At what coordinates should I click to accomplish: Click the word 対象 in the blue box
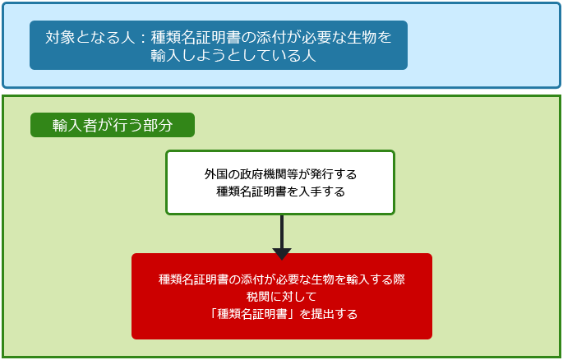[60, 37]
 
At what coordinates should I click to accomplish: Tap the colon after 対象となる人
[143, 38]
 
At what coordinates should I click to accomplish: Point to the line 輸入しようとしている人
[233, 55]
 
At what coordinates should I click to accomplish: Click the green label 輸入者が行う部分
[113, 125]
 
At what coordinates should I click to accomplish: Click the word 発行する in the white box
[339, 174]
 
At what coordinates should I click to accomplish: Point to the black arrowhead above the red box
[282, 254]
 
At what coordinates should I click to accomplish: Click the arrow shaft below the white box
[282, 232]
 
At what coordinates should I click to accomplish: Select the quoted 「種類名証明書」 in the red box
[252, 314]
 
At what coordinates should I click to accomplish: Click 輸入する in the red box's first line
[370, 279]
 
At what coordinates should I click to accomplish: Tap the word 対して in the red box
[299, 297]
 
